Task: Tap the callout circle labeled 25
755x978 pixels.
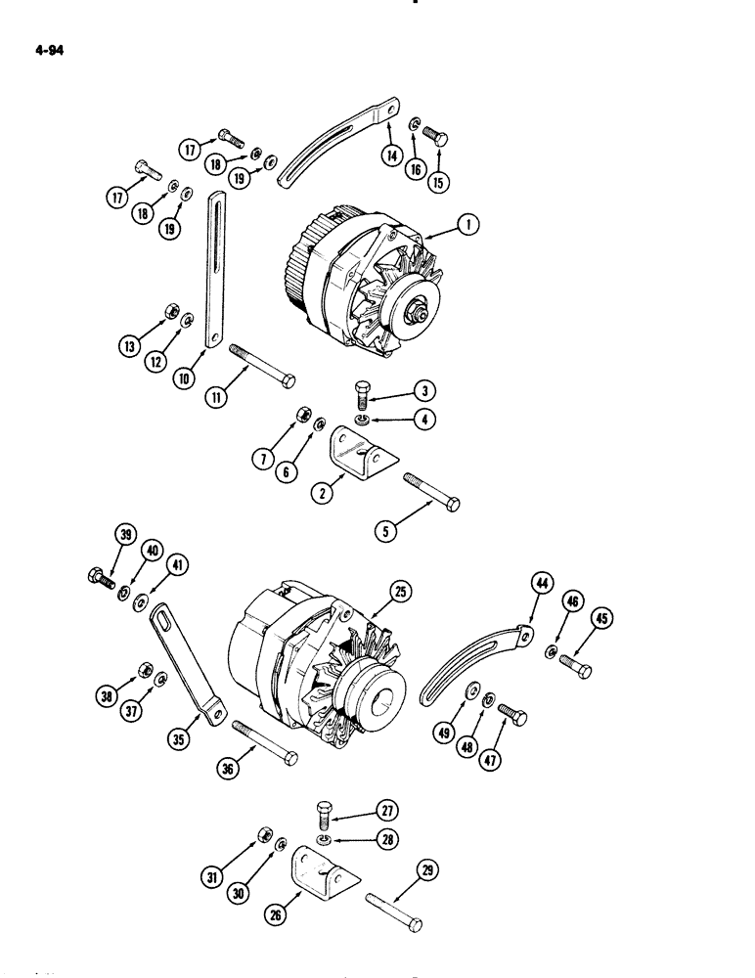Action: pos(400,592)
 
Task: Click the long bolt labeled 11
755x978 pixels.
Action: pos(262,365)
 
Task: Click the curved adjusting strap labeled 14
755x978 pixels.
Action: pos(337,140)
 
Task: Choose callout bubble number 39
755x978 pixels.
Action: pos(124,535)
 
